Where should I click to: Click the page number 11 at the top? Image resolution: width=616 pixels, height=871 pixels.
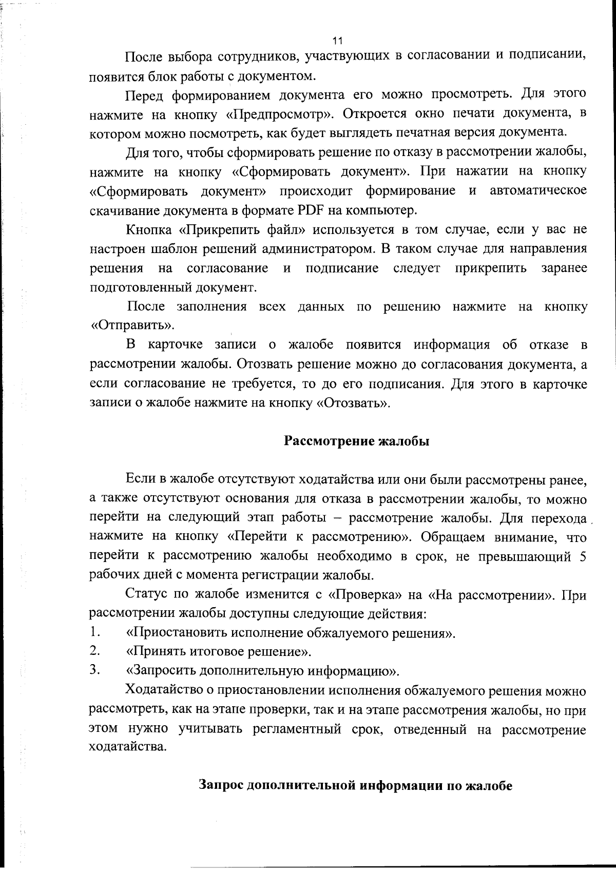(x=337, y=40)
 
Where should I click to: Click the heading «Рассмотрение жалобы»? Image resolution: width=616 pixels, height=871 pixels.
(x=357, y=441)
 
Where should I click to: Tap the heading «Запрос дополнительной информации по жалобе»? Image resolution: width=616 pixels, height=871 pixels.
(x=355, y=786)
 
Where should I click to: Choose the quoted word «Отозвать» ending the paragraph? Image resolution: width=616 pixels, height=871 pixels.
(x=353, y=403)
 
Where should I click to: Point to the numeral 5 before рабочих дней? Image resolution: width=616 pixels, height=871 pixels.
(x=583, y=557)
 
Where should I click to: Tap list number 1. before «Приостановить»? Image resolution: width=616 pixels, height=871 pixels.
(x=94, y=632)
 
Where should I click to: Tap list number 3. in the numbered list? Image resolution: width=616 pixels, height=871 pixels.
(x=94, y=670)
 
